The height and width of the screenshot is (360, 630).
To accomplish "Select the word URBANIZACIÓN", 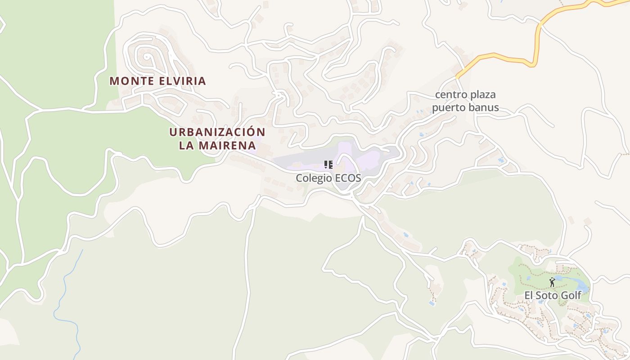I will (217, 132).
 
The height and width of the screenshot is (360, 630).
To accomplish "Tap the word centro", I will (450, 95).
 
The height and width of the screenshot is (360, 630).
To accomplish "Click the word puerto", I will (451, 108).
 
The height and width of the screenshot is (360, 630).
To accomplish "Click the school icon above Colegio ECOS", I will (328, 165).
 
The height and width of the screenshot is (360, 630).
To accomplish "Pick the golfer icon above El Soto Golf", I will (552, 283).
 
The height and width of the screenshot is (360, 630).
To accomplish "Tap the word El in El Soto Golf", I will (529, 296).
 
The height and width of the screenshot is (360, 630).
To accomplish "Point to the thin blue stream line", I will (65, 288).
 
